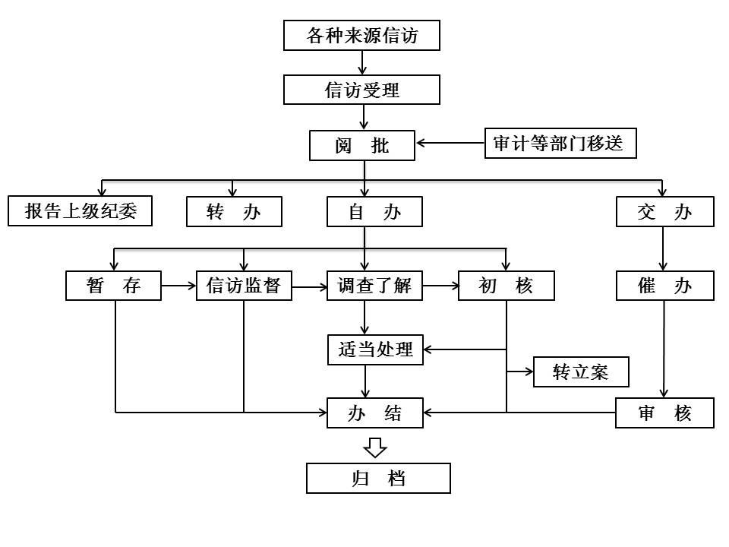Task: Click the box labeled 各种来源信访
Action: [x=361, y=36]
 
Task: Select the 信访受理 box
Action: [x=361, y=90]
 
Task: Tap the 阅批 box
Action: [x=362, y=145]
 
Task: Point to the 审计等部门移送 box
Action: [x=560, y=144]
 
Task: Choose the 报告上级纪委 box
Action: [x=80, y=211]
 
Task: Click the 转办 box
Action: [x=234, y=212]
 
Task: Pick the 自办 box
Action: [x=374, y=212]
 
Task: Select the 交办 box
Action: [x=664, y=212]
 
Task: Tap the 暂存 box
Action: [x=114, y=286]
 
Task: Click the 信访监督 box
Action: [x=244, y=286]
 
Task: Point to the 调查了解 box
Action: [x=374, y=286]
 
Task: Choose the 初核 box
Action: [x=506, y=286]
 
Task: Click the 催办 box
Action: [x=664, y=286]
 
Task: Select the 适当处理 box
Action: [x=375, y=349]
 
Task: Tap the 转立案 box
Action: [x=581, y=372]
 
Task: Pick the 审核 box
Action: [x=664, y=413]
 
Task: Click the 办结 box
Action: [x=375, y=413]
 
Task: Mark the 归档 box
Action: [x=378, y=479]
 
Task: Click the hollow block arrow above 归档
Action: [x=375, y=447]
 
